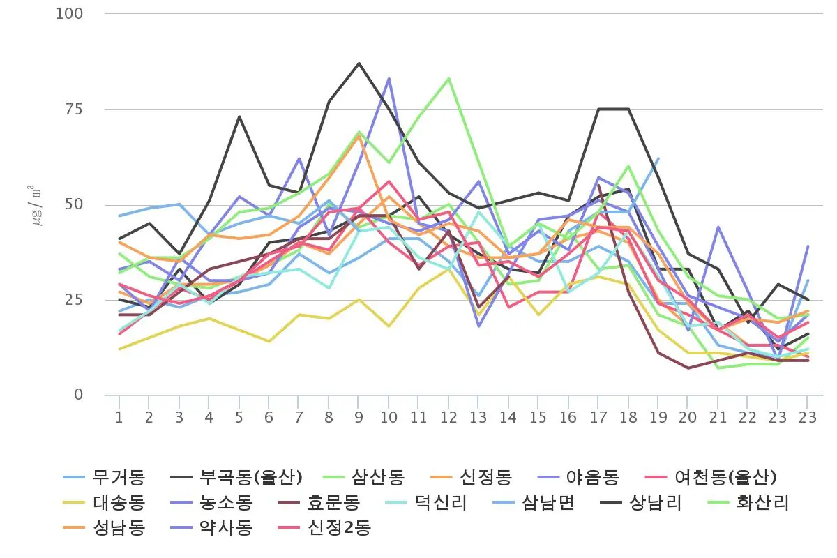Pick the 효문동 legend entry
click(334, 503)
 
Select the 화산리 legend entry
click(764, 503)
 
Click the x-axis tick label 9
click(359, 418)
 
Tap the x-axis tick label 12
click(448, 418)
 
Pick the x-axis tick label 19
click(658, 418)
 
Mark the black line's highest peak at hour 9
click(359, 63)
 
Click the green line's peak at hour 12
click(448, 78)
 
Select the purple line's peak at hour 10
click(389, 78)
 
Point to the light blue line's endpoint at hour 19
click(658, 158)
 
